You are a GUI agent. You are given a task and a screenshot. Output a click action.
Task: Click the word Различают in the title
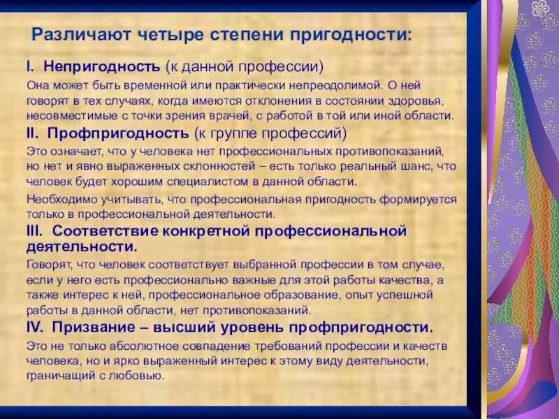point(76,34)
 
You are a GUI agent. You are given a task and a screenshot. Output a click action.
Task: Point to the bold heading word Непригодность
point(103,68)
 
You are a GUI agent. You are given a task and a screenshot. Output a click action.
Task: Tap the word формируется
point(419,199)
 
